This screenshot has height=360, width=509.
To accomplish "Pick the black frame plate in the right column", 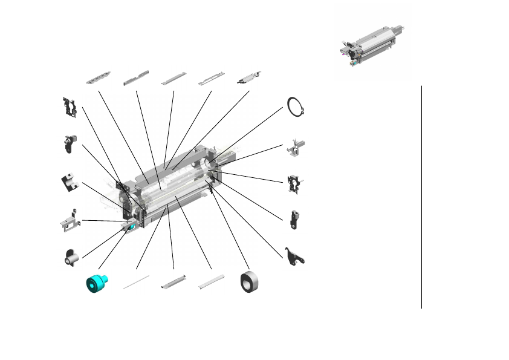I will click(x=294, y=183).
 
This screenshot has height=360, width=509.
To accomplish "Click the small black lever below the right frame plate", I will click(x=294, y=219).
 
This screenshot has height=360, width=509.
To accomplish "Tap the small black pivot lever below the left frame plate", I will click(x=68, y=144).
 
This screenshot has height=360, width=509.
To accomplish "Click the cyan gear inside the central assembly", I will click(x=129, y=227).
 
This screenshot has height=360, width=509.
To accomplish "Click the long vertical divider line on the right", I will click(x=421, y=197).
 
